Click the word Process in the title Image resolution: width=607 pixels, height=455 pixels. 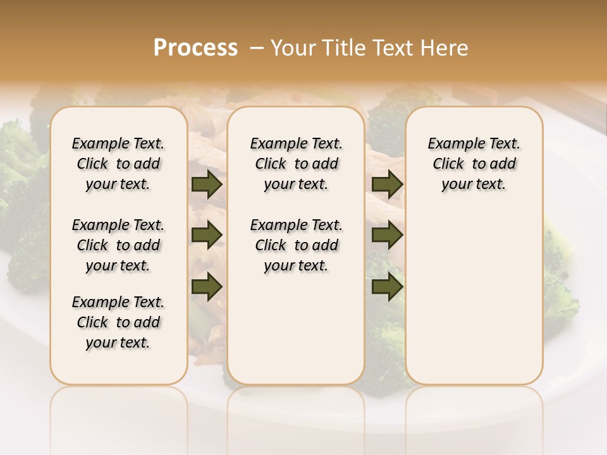click(195, 48)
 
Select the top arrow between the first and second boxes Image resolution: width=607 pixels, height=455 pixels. click(207, 185)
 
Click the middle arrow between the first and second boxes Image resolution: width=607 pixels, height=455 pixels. click(207, 234)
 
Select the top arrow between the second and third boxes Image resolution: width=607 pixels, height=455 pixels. click(388, 185)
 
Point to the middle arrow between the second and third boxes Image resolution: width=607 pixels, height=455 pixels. click(388, 234)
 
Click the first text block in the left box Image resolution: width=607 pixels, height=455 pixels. click(118, 164)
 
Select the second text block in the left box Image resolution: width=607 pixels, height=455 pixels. click(118, 245)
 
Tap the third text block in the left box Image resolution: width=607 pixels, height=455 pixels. click(118, 322)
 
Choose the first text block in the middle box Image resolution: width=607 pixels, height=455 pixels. click(297, 164)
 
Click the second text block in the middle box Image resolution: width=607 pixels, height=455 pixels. click(297, 245)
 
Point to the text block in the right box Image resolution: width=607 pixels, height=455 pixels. click(474, 164)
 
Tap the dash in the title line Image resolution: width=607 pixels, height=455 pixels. click(257, 48)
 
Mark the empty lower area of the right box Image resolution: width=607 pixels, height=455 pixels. click(474, 297)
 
